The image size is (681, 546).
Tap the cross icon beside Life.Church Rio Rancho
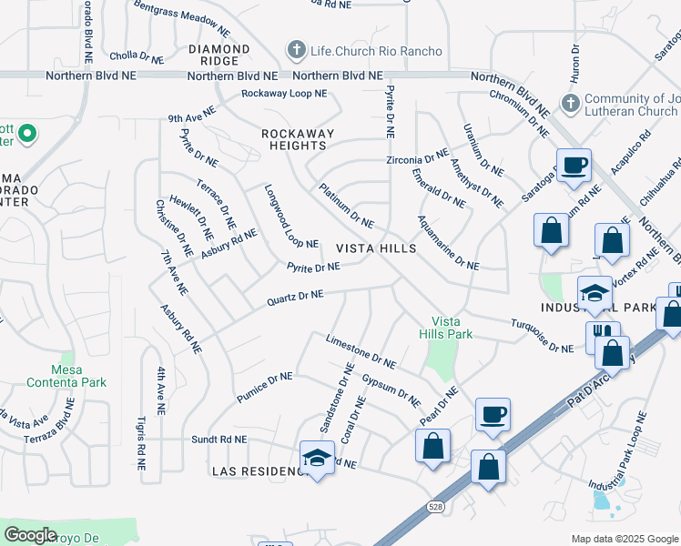click(295, 50)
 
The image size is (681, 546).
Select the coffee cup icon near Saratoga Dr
click(574, 167)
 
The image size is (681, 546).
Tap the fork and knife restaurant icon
click(603, 337)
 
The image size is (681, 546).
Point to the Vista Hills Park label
click(452, 328)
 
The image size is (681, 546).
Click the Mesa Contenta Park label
click(66, 376)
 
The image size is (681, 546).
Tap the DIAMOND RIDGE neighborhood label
click(219, 55)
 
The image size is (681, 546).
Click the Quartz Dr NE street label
click(295, 296)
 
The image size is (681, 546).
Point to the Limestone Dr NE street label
click(361, 351)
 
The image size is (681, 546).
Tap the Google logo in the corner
click(30, 535)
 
